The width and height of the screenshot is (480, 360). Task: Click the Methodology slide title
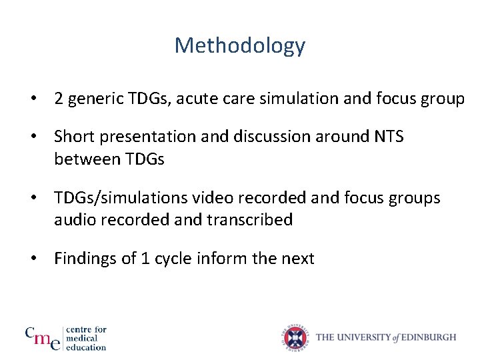(x=240, y=46)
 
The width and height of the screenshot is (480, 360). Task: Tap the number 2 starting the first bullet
(x=59, y=99)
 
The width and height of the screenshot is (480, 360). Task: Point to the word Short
(x=74, y=137)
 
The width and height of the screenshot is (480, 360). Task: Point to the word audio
(x=75, y=220)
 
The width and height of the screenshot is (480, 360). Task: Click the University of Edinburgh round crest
(x=295, y=338)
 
